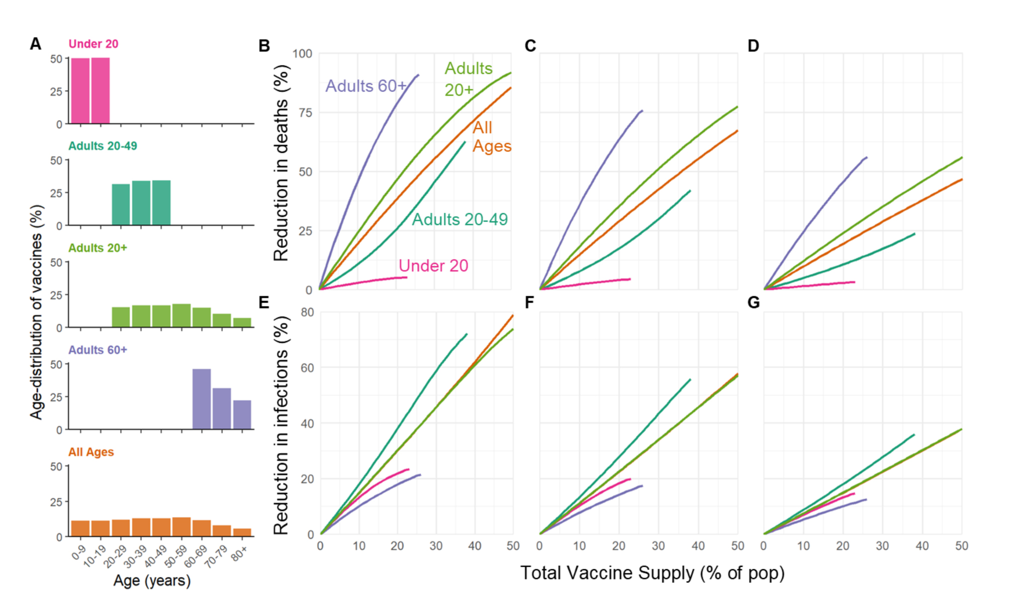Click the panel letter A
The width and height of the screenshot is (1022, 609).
(x=35, y=44)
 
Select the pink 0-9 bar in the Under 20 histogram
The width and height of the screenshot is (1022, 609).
(x=80, y=91)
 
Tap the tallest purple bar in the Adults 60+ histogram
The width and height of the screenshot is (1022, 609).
(x=202, y=399)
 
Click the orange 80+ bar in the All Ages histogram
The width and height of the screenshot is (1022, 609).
(x=242, y=532)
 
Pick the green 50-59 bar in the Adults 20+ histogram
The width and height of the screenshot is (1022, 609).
(x=181, y=316)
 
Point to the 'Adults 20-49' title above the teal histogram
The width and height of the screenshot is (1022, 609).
(x=103, y=146)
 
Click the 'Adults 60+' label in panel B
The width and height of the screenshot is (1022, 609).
(x=365, y=86)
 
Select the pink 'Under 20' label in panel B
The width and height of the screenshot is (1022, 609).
(x=433, y=266)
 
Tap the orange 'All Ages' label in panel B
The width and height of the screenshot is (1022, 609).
(x=491, y=137)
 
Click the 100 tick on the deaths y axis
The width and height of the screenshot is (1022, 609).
(x=302, y=54)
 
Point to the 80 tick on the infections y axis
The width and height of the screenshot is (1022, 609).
(x=307, y=312)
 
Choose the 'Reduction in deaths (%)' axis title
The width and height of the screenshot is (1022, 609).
(x=281, y=163)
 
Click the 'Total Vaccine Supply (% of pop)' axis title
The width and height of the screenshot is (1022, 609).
(x=652, y=573)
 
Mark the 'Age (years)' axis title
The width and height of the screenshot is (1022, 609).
(x=152, y=581)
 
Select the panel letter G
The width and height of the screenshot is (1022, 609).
(x=753, y=302)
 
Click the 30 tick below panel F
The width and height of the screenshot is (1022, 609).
(x=658, y=546)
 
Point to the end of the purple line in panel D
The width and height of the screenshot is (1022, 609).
(x=867, y=158)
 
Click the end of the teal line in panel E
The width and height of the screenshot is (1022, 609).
(x=467, y=334)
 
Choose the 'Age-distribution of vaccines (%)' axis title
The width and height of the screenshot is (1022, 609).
(x=36, y=312)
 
